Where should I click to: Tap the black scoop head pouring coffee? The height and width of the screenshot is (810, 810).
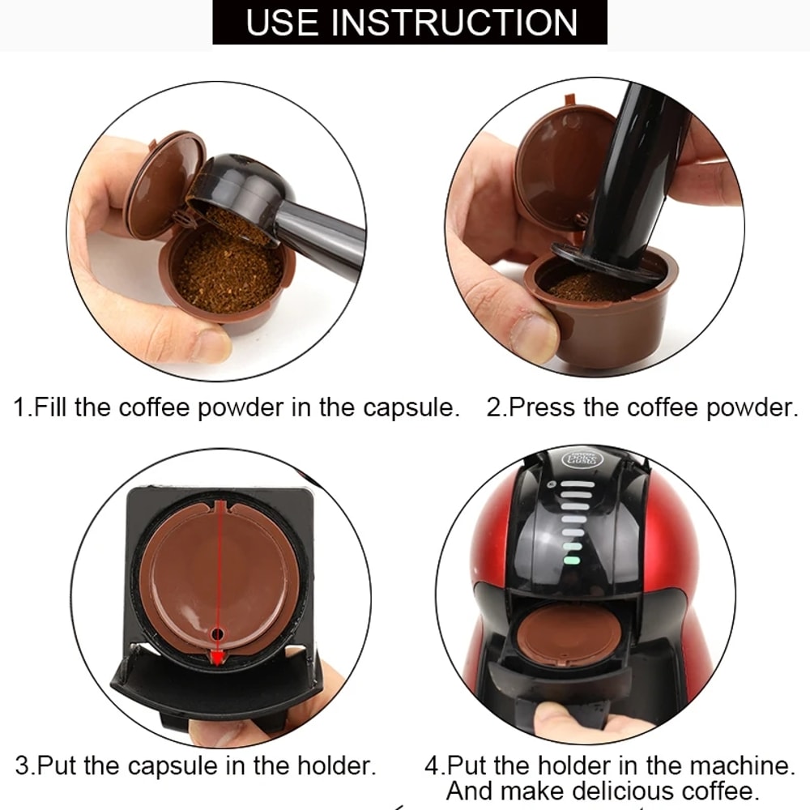pos(235,189)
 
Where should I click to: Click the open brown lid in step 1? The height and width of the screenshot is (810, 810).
pos(164,182)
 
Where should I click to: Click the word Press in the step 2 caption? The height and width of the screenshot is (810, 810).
pos(542,407)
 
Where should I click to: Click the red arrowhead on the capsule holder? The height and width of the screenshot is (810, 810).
pos(217,656)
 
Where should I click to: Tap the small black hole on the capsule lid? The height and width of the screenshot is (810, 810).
pos(217,632)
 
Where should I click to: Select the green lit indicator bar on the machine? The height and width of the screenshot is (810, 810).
pos(573,559)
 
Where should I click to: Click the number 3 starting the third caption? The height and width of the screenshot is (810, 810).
pos(22,765)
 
